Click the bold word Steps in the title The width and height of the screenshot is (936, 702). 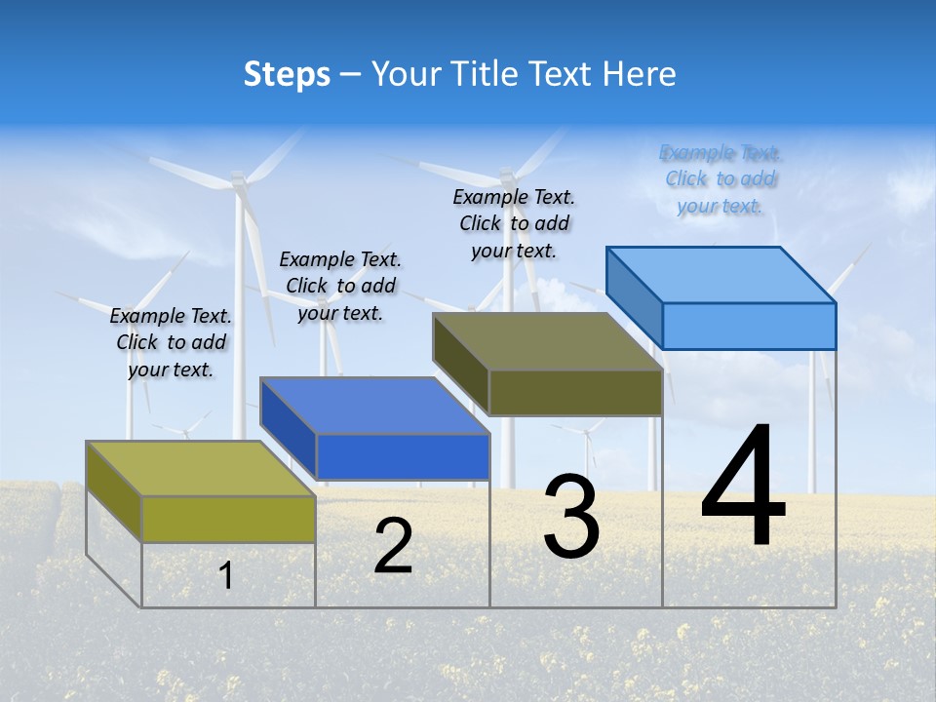click(287, 74)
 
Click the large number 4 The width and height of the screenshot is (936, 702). click(743, 487)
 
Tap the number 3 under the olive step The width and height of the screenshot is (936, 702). click(571, 518)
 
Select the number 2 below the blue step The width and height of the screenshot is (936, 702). click(393, 547)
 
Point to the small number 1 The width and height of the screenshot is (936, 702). click(225, 576)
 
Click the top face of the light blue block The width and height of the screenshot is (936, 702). click(721, 274)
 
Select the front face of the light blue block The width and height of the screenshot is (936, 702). click(749, 326)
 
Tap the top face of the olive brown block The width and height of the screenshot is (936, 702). click(548, 341)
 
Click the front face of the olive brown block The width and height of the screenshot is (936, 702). click(575, 392)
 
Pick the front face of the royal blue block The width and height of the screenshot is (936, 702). click(403, 456)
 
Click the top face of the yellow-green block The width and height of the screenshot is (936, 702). click(201, 469)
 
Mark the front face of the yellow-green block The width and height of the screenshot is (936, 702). click(228, 519)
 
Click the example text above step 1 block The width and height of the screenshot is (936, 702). click(171, 343)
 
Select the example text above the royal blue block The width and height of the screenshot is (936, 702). click(340, 286)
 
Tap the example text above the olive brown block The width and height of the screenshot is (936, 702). click(514, 223)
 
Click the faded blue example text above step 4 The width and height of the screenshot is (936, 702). click(721, 178)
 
